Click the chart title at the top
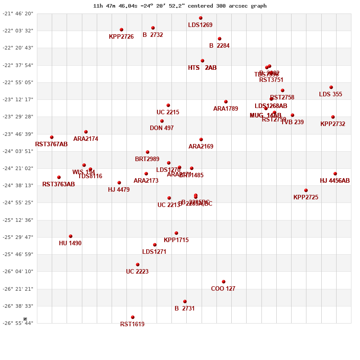pyautogui.click(x=180, y=6)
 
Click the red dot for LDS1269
pyautogui.click(x=201, y=18)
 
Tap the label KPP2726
pyautogui.click(x=121, y=36)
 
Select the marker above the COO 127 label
pyautogui.click(x=224, y=282)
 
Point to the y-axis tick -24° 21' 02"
pyautogui.click(x=18, y=168)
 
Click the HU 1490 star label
pyautogui.click(x=70, y=243)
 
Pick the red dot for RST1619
pyautogui.click(x=133, y=317)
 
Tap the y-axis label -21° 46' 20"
pyautogui.click(x=18, y=13)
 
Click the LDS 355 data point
pyautogui.click(x=331, y=87)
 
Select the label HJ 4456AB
pyautogui.click(x=335, y=180)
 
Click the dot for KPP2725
pyautogui.click(x=306, y=190)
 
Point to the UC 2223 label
pyautogui.click(x=137, y=271)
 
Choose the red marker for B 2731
pyautogui.click(x=185, y=301)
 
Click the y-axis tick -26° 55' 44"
pyautogui.click(x=18, y=323)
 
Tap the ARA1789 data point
pyautogui.click(x=226, y=102)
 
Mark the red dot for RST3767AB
pyautogui.click(x=52, y=137)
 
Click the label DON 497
pyautogui.click(x=162, y=128)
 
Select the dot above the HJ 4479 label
pyautogui.click(x=119, y=183)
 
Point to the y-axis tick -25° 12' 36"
pyautogui.click(x=18, y=220)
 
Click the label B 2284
pyautogui.click(x=219, y=45)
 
